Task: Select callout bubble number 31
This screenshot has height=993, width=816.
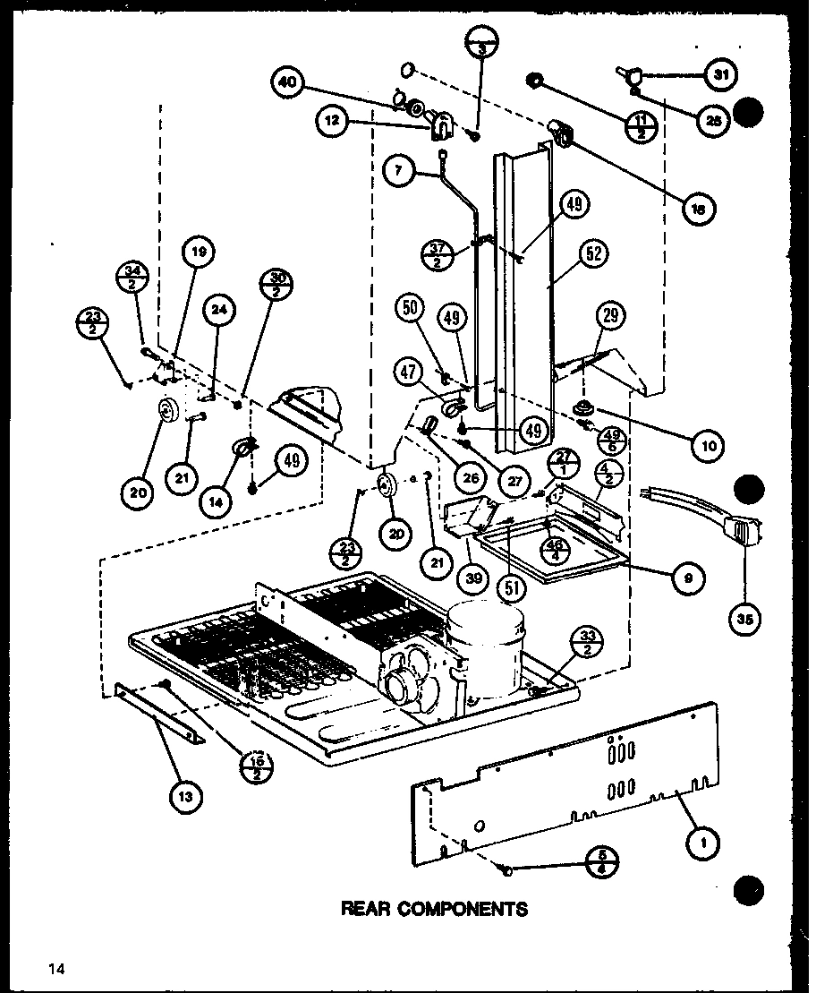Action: coord(719,75)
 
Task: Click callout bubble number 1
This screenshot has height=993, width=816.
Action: coord(704,842)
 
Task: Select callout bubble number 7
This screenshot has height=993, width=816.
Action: coord(400,169)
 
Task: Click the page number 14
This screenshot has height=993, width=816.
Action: coord(58,968)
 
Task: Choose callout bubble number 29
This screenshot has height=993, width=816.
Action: coord(614,315)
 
